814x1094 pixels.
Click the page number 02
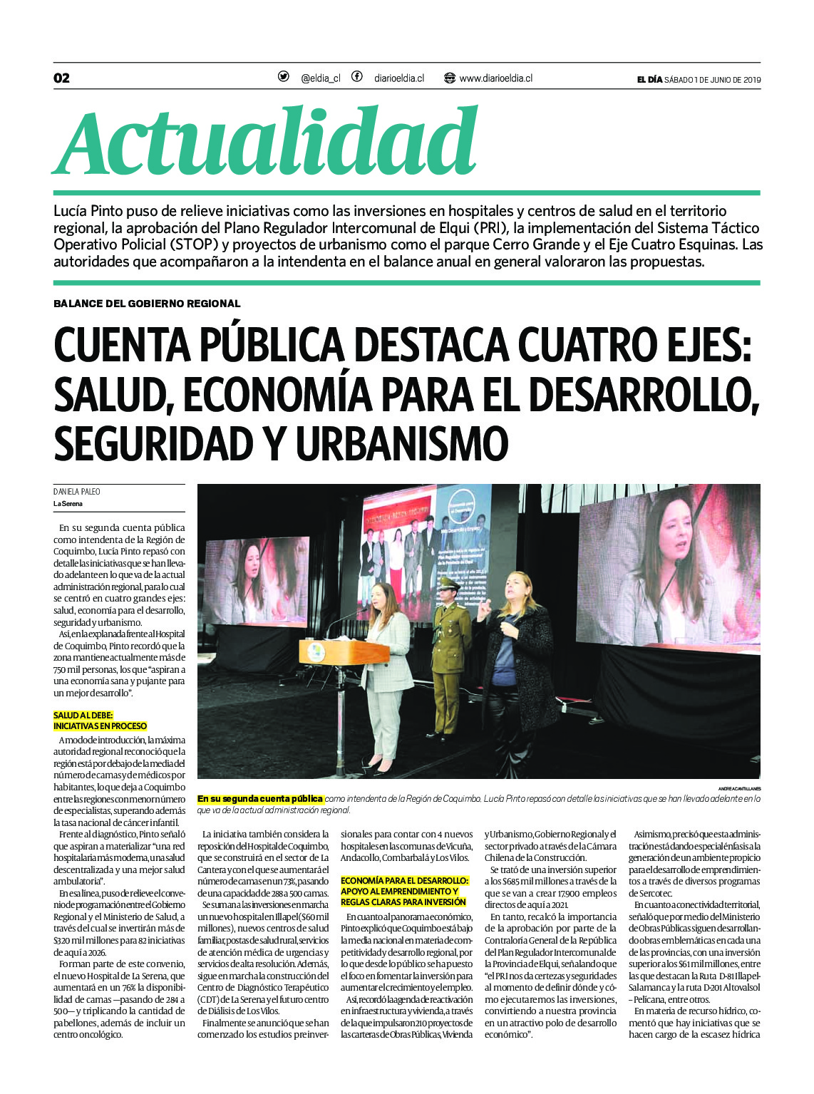62,78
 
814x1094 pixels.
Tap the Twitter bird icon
284,77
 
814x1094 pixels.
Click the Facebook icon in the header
356,77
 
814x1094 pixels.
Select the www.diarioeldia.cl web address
495,78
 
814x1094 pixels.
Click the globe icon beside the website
449,78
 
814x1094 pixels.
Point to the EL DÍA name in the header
649,80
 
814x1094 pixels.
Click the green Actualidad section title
265,142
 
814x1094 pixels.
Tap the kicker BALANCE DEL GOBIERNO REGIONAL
147,304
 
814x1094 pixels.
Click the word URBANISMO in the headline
402,443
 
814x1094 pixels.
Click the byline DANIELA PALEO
77,492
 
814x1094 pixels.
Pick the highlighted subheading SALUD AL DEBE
83,715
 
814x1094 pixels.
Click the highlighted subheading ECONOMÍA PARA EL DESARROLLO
404,881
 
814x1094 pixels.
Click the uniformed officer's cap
449,583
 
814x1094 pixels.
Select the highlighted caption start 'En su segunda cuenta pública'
260,799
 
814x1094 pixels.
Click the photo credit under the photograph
739,788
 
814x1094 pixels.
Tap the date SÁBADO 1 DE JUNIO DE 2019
712,80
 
